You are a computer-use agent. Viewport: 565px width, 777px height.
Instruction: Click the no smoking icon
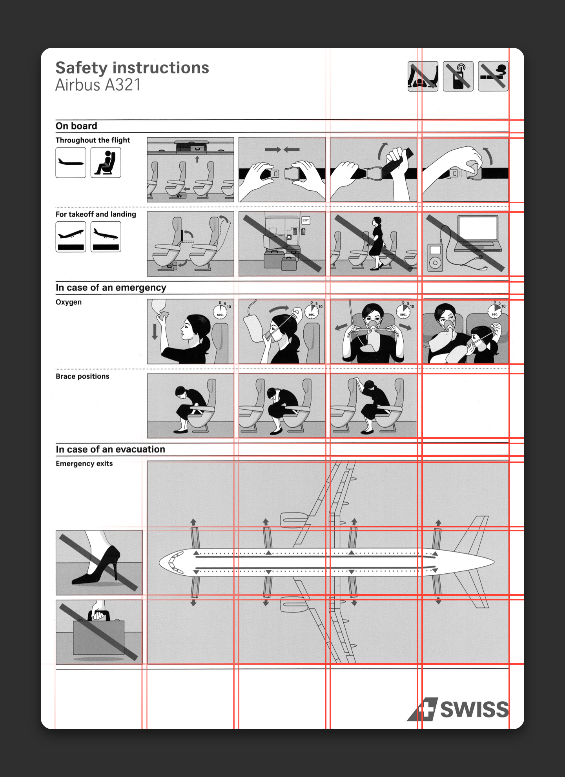click(x=493, y=76)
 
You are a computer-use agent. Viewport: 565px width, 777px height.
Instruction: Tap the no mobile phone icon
click(x=458, y=76)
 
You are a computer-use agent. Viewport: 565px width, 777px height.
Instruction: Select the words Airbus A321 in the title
click(x=98, y=85)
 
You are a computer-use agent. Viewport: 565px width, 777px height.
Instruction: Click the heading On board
click(x=76, y=126)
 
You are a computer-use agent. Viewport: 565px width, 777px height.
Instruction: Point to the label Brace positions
click(x=82, y=376)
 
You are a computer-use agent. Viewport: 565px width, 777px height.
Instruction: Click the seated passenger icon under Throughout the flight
click(x=106, y=162)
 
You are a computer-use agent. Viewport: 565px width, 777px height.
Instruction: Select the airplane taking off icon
click(x=71, y=237)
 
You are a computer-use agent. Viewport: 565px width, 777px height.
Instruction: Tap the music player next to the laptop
click(x=436, y=258)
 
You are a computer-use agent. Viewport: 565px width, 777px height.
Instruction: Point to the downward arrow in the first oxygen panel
click(x=155, y=331)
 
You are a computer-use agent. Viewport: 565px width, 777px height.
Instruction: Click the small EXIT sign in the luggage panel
click(x=306, y=221)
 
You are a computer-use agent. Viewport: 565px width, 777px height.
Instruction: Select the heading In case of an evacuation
click(x=110, y=449)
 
